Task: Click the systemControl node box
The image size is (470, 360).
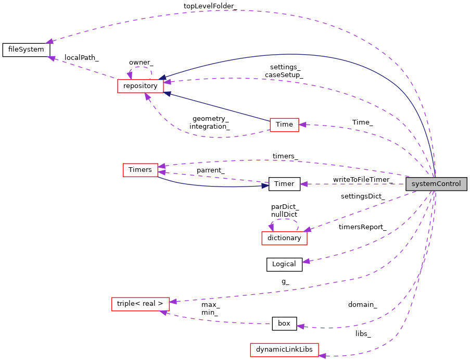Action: click(436, 184)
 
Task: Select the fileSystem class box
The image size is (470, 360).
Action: click(26, 50)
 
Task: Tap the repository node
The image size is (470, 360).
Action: click(141, 86)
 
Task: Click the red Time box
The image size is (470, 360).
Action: click(284, 125)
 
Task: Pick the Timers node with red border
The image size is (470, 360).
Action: click(140, 170)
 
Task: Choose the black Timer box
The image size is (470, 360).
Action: click(284, 184)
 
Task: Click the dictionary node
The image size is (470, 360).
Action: click(284, 238)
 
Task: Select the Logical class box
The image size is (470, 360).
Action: click(284, 264)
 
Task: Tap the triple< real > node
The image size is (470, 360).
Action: click(140, 304)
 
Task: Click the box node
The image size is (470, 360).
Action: click(284, 324)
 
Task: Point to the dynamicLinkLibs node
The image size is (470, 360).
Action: click(284, 350)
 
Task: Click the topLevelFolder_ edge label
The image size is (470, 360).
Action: click(210, 6)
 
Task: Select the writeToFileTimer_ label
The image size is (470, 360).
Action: click(363, 180)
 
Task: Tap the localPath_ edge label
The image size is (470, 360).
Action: click(81, 57)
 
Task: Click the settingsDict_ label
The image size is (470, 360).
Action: click(363, 196)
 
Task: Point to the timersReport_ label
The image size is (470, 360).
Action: click(362, 227)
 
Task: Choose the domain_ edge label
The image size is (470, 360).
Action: click(363, 304)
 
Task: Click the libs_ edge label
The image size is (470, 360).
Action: click(363, 333)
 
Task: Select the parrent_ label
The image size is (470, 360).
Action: click(210, 170)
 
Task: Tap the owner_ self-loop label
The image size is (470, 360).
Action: click(141, 63)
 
